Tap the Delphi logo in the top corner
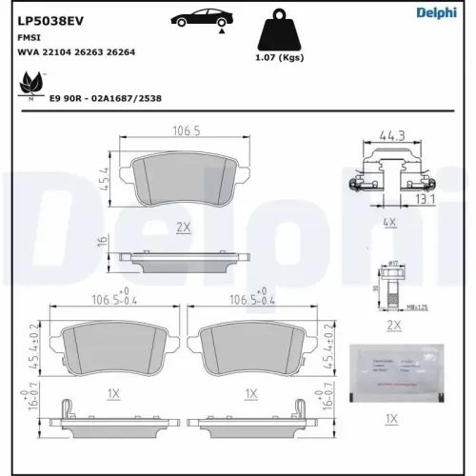pyautogui.click(x=437, y=12)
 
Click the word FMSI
pyautogui.click(x=29, y=35)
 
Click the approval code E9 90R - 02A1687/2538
pyautogui.click(x=105, y=98)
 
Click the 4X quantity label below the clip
pyautogui.click(x=389, y=224)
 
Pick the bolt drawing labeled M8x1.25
pyautogui.click(x=390, y=287)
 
